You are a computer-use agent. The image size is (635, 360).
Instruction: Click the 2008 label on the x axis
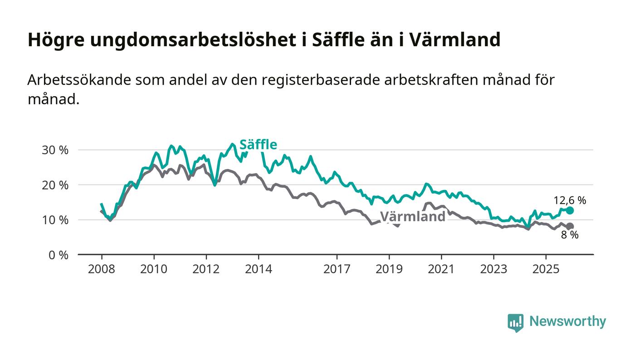coord(102,269)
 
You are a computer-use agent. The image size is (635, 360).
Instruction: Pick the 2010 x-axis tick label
coord(154,269)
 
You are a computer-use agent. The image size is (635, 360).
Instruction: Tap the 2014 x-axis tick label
coord(259,269)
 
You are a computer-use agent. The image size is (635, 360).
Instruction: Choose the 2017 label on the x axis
coord(337,269)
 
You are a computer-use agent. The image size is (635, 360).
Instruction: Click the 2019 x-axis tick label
coord(389,269)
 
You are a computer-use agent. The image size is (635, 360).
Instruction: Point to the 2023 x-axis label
coord(494,269)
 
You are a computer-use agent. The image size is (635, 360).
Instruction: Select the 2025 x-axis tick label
coord(546,269)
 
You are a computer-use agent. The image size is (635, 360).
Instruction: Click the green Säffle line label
coord(258,145)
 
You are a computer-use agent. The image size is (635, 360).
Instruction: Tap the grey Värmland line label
coord(413,217)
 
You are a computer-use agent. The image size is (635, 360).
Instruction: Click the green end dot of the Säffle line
coord(570,210)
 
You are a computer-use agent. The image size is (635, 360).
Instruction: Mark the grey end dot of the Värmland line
coord(570,226)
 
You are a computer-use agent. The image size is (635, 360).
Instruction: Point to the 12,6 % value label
coord(570,200)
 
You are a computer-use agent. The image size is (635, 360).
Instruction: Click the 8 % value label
coord(570,235)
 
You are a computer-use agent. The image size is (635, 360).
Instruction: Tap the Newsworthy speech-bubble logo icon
coord(515,322)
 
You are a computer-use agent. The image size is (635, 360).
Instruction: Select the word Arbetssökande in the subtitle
coord(79,80)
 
